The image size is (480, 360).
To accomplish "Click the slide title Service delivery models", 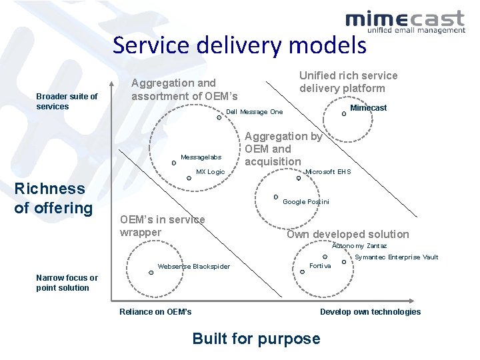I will click(x=239, y=45).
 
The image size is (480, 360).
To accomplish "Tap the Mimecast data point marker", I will click(x=344, y=113).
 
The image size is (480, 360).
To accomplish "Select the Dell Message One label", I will click(x=255, y=112).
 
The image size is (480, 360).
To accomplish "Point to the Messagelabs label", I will click(x=201, y=157).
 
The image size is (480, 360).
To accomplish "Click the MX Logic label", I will click(x=210, y=172).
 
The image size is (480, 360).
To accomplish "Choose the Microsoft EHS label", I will click(x=327, y=172).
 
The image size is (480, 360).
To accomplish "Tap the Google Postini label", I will click(x=306, y=201).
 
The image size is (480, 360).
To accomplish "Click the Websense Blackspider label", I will click(x=193, y=267).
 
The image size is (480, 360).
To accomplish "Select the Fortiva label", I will click(x=320, y=266).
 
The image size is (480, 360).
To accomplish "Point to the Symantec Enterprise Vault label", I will click(x=396, y=257).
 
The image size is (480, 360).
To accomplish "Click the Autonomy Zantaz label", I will click(x=359, y=246).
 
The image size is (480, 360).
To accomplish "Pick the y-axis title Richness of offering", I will click(x=53, y=198).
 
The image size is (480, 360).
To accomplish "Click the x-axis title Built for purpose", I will click(x=256, y=339).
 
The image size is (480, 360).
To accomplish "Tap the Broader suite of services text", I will click(x=67, y=101).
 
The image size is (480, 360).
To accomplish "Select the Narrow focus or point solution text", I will click(x=67, y=283).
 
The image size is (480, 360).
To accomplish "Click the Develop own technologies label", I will click(x=370, y=311).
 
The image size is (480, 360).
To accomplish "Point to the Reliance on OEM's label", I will click(x=155, y=311).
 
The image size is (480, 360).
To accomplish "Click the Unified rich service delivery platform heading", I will click(x=348, y=82).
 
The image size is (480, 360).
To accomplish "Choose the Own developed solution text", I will click(x=347, y=234).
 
